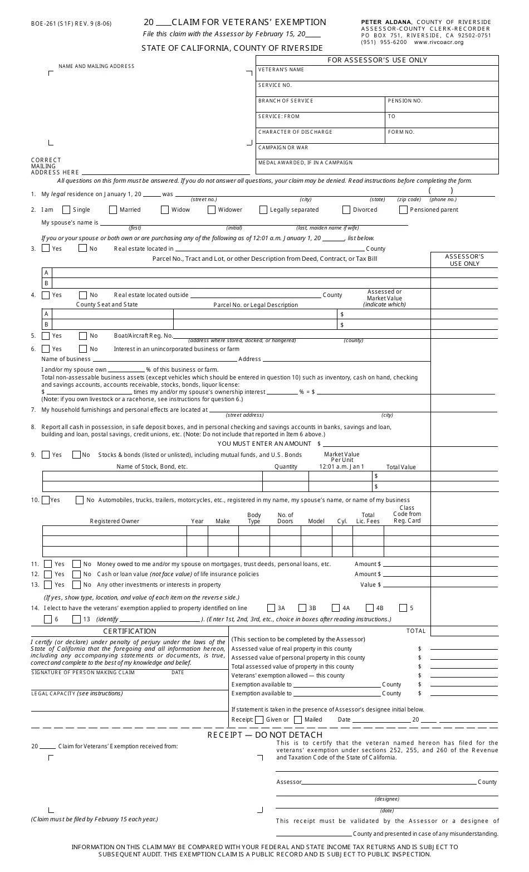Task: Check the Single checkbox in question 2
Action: (66, 210)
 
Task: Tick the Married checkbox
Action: (113, 210)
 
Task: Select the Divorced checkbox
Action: (346, 210)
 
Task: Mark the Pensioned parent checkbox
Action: (403, 210)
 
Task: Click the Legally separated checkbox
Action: (263, 210)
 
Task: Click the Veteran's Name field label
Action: (281, 70)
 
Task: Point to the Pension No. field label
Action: (405, 101)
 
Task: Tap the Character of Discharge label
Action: (295, 132)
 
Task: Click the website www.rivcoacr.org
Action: (439, 42)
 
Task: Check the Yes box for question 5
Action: (46, 336)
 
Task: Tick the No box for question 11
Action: (77, 564)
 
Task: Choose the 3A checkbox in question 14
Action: (271, 608)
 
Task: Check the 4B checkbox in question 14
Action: (370, 608)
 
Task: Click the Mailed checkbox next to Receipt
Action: (298, 720)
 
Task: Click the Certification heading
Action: (130, 631)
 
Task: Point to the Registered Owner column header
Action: (115, 522)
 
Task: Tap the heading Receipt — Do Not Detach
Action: (265, 735)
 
